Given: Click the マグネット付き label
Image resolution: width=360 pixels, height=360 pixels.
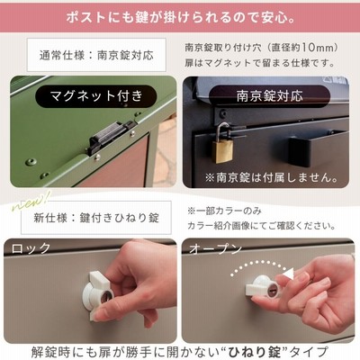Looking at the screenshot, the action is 96,96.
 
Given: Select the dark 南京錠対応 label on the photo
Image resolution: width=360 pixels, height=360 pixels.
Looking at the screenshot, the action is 269,96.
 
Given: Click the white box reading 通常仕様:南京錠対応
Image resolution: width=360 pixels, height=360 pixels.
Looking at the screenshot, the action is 96,55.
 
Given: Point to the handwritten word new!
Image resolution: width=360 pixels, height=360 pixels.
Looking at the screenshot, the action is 31,201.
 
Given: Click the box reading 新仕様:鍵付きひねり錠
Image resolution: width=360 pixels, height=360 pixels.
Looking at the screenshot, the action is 96,218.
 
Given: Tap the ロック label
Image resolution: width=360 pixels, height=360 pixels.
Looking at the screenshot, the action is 31,248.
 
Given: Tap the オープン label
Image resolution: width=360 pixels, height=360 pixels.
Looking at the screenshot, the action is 215,248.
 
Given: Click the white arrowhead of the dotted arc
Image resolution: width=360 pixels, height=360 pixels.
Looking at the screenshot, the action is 289,274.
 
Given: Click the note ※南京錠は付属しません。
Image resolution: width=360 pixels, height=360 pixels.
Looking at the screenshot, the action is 272,177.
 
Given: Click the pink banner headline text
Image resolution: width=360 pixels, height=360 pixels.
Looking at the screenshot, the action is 180,18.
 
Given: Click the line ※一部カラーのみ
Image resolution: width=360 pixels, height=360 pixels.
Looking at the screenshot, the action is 224,211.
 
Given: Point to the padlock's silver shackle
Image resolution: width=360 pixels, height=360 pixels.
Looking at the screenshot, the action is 223,132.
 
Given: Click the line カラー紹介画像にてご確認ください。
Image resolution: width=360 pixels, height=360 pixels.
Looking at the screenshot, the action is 261,226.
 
